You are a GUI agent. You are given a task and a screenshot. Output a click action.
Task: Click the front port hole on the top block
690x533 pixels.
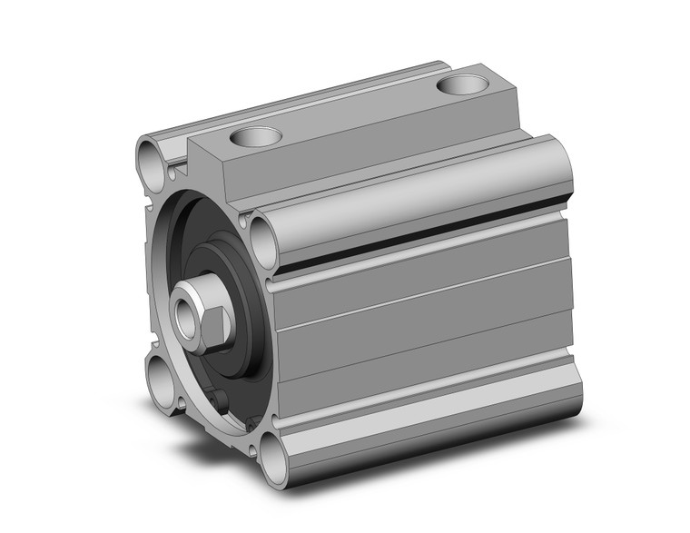coord(257,138)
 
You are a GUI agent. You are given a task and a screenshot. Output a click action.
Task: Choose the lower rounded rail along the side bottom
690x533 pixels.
coord(427,427)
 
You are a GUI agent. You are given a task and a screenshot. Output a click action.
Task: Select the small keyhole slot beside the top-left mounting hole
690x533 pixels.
coord(180,167)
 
